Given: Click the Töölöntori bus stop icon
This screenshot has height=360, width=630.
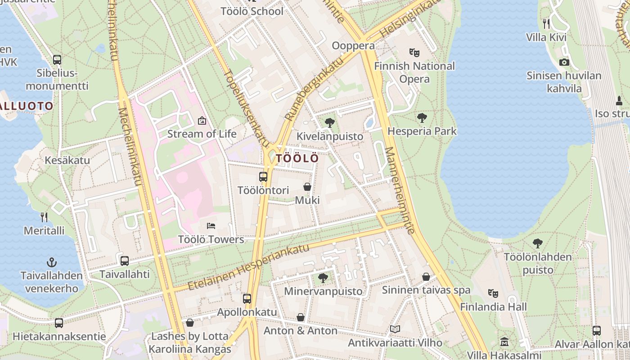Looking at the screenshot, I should [263, 177].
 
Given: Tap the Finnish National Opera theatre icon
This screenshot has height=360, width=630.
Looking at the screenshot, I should [414, 53].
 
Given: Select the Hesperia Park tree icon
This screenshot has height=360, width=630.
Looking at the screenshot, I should [422, 118].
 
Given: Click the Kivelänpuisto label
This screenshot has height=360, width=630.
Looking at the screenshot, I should [330, 136].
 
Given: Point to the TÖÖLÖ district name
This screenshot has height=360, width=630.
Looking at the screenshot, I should [297, 158].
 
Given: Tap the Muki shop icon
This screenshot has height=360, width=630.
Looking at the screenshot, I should [307, 187].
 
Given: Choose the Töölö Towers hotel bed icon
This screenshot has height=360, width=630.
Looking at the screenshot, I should [211, 226].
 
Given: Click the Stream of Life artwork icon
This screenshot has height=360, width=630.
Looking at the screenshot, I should [202, 121].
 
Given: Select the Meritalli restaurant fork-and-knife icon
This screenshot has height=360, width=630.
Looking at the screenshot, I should [44, 217].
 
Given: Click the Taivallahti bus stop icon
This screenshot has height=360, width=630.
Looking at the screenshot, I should [124, 261].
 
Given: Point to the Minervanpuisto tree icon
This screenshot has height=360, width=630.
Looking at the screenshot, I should [323, 278].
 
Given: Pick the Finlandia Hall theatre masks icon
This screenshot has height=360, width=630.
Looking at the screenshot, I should [493, 293].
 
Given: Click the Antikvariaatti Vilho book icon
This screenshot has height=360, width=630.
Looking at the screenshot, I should [395, 329].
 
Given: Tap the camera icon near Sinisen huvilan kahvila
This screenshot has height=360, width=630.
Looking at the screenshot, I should [564, 62].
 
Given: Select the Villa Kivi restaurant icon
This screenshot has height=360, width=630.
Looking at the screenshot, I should [546, 23].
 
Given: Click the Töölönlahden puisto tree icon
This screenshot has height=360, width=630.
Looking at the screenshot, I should [537, 243].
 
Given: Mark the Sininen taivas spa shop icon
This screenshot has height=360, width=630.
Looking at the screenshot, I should [426, 277].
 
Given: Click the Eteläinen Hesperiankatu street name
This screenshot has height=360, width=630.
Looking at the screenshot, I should [248, 267].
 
